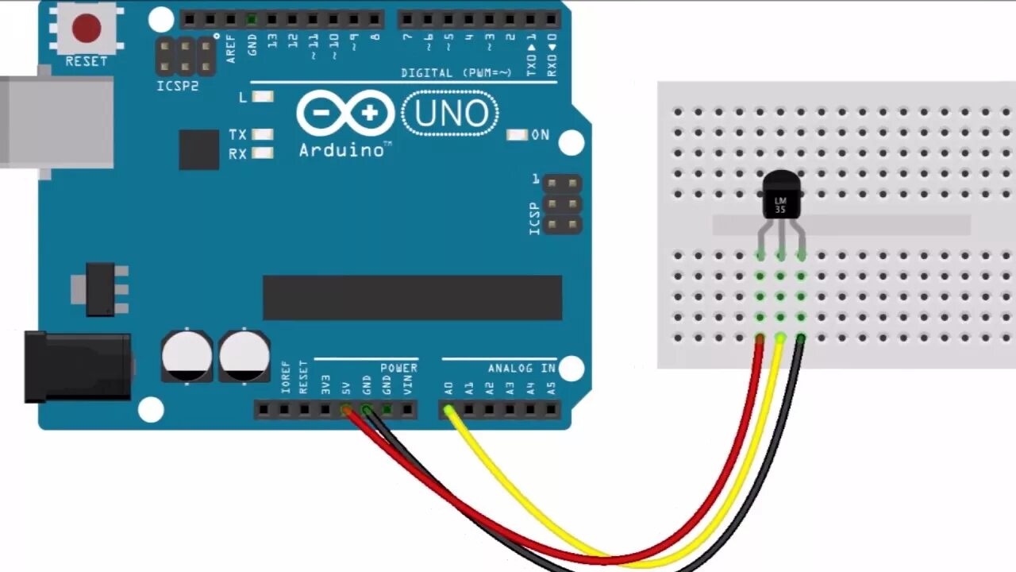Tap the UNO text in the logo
coord(450,114)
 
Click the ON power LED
coord(518,135)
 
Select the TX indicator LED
coord(262,135)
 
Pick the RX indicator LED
coord(262,153)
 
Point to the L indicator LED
coord(262,97)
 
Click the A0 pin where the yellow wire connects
coord(448,410)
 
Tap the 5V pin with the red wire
coord(346,410)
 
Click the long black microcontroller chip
coord(412,298)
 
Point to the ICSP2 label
coord(178,86)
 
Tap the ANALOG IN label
coord(521,369)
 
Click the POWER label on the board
coord(398,369)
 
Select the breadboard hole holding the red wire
coord(760,338)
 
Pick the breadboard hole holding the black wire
coord(801,338)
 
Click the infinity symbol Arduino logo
coord(345,113)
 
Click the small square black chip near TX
coord(198,150)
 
